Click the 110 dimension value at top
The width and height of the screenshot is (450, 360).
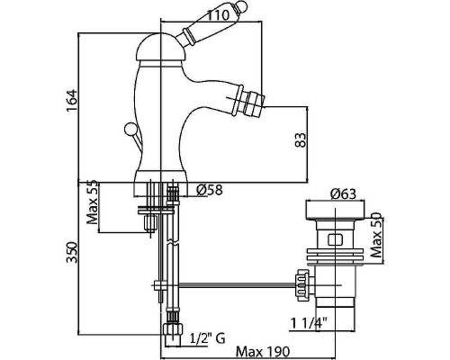click(x=218, y=15)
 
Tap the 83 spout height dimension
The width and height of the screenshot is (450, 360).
click(x=301, y=139)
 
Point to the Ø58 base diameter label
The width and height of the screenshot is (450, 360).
click(x=210, y=190)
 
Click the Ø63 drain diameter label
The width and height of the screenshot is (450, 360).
click(x=343, y=194)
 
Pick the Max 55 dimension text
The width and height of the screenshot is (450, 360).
click(x=92, y=202)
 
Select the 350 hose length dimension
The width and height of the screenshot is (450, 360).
click(x=72, y=252)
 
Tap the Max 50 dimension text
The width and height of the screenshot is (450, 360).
click(x=376, y=235)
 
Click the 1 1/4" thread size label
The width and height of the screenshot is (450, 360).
click(x=309, y=324)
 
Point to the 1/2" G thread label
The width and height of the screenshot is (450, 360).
click(x=208, y=338)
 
